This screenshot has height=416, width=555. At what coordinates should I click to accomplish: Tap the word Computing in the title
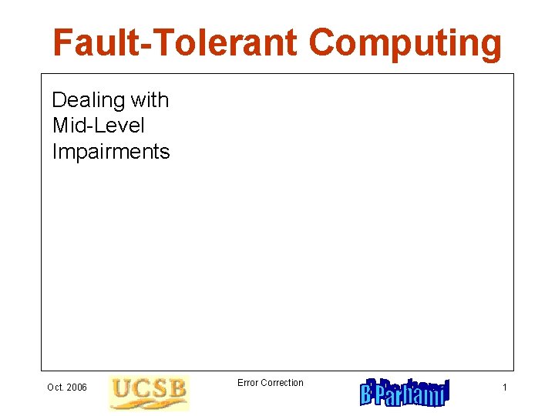(x=405, y=45)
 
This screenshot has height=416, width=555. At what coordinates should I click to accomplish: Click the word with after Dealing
(x=150, y=100)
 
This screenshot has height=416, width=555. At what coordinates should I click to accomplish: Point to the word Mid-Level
(x=98, y=126)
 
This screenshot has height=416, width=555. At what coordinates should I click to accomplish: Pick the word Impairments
(x=110, y=152)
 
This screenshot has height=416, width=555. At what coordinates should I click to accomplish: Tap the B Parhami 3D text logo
(x=404, y=392)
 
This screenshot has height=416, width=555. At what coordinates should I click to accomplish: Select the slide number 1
(x=504, y=387)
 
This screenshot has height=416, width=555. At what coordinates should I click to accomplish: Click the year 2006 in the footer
(x=77, y=387)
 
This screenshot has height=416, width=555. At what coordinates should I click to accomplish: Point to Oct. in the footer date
(x=55, y=387)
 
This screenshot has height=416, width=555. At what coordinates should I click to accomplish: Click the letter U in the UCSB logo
(x=120, y=391)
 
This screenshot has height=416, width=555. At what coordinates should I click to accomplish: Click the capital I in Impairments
(x=55, y=152)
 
